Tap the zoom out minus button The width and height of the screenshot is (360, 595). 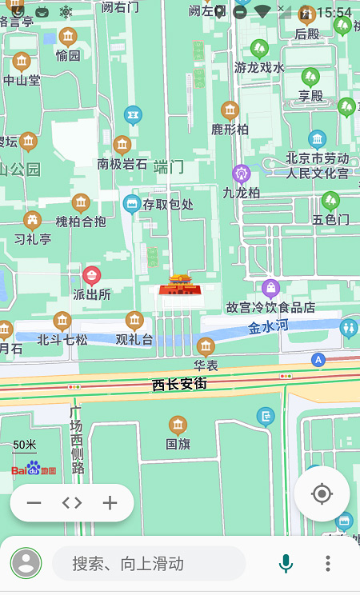34,503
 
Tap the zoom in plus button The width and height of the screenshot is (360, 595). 110,503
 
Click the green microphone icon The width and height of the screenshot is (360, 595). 286,564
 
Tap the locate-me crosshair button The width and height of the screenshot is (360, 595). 322,494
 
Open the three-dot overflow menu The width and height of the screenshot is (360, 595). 328,564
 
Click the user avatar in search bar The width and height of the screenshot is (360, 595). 26,564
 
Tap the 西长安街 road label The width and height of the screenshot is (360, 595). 179,385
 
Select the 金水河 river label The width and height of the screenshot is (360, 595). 267,327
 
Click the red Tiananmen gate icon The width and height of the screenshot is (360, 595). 179,284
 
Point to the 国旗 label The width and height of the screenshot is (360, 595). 178,443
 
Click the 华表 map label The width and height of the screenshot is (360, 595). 206,365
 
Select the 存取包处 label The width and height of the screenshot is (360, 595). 168,205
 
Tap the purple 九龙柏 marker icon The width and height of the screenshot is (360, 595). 242,174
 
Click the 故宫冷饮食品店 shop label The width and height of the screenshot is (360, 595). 270,307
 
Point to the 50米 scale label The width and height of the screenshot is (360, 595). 25,445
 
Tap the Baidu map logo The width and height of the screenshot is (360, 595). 34,469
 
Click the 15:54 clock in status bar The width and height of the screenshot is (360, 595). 334,12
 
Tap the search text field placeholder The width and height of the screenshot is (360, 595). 128,564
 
